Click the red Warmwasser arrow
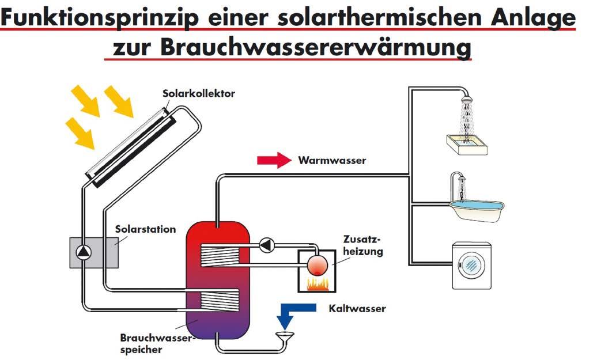275,160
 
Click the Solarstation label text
145,229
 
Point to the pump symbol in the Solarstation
84,252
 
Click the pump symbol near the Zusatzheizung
267,245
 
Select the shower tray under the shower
466,143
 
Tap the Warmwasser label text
332,161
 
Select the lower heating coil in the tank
218,298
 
